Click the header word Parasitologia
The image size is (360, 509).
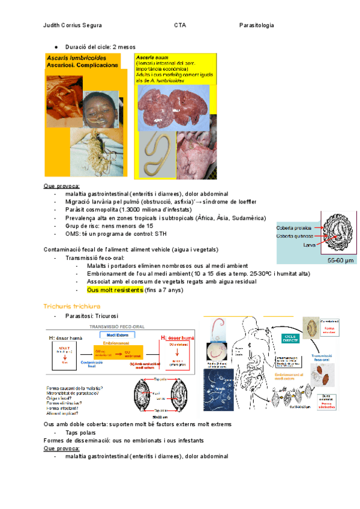(256, 25)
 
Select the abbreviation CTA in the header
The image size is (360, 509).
(180, 25)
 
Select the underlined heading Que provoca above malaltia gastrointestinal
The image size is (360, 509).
(62, 186)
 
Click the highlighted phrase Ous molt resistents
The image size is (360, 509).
(115, 290)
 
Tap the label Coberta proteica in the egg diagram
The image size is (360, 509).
(294, 227)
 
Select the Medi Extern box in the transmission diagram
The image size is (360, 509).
(120, 334)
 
